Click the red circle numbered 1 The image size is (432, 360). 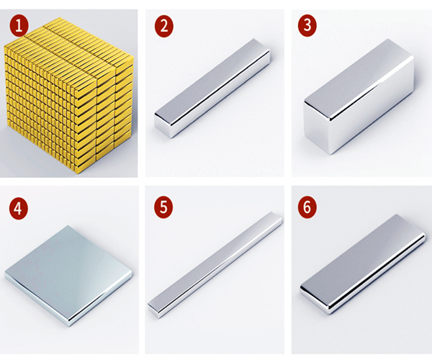[x=19, y=26]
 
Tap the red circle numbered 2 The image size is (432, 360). [x=164, y=26]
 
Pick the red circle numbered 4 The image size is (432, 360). [x=19, y=209]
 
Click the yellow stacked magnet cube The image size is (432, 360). [x=69, y=96]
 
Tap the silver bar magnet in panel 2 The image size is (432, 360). [x=212, y=88]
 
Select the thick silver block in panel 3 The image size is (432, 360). [x=359, y=96]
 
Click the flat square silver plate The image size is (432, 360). [x=68, y=276]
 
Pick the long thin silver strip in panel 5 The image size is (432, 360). [x=215, y=264]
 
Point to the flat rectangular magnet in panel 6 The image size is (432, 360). [x=363, y=264]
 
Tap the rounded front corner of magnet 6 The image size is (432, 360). [x=329, y=310]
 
